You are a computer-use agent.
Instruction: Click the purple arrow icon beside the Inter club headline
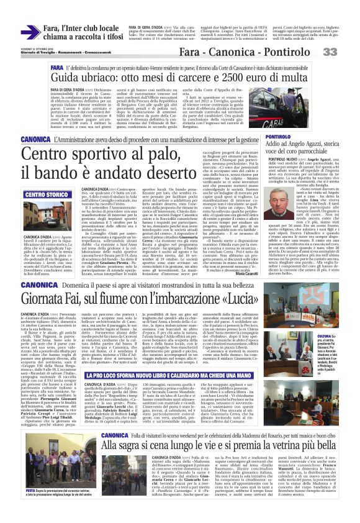30,32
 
